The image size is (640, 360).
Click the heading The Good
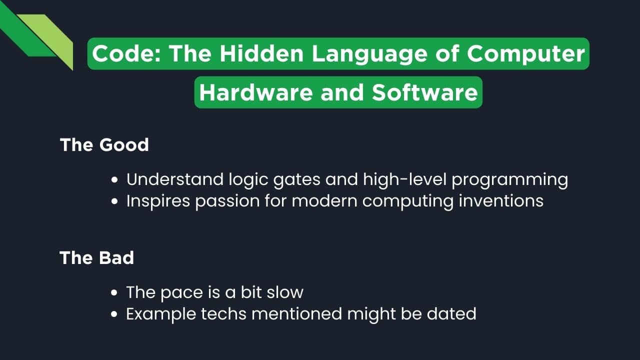coord(104,145)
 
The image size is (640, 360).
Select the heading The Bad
coord(97,258)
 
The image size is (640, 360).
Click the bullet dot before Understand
coord(115,180)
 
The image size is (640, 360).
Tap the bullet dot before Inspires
coord(115,201)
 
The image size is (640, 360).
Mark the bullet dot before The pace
coord(115,293)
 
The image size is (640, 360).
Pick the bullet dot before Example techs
coord(115,314)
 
